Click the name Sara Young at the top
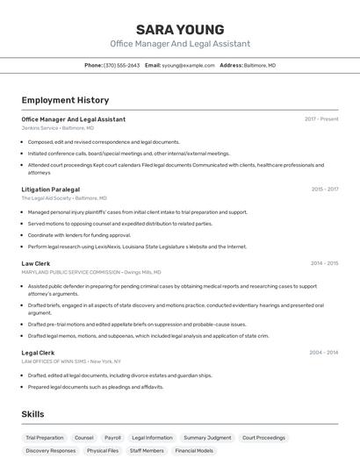180,29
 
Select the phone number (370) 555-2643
121,66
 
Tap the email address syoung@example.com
188,66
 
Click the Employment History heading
65,100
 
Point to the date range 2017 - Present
321,119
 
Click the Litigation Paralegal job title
50,190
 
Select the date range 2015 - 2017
325,190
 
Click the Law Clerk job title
36,263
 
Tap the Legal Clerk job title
38,353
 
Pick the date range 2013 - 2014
325,353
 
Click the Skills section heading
33,414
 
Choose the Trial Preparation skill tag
45,438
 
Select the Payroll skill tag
112,438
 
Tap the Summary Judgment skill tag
207,438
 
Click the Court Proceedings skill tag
263,438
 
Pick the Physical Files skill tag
102,451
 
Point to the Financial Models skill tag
193,451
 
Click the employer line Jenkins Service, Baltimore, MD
58,128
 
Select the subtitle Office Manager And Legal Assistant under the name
180,44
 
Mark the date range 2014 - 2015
325,263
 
